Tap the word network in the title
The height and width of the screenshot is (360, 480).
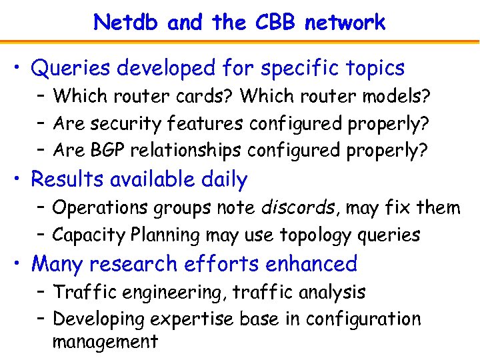(345, 23)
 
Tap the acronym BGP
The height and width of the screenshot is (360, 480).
(107, 151)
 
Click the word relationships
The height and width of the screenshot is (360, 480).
(186, 151)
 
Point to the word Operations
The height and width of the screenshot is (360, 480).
(101, 209)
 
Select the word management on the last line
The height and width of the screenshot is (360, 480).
(105, 342)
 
